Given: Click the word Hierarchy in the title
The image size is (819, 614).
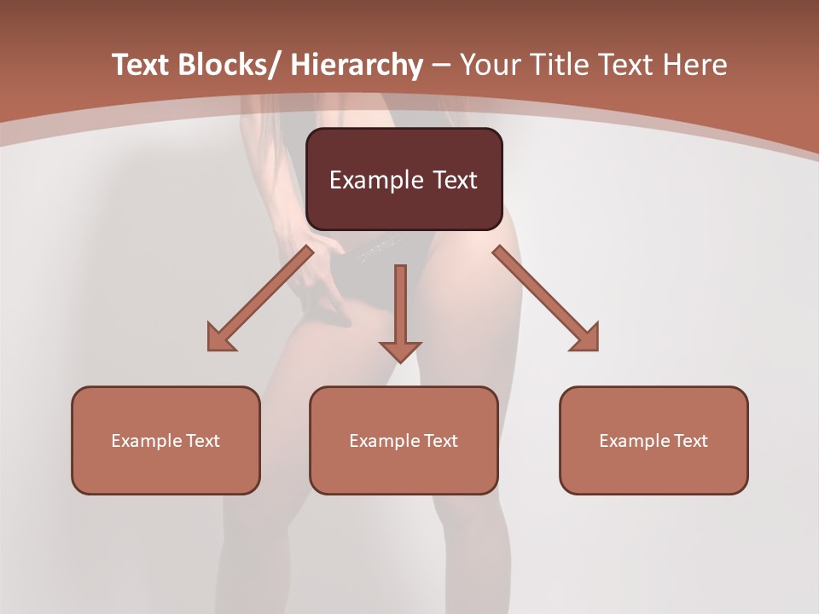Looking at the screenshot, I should pos(357,66).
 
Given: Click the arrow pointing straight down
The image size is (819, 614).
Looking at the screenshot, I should pos(400,307).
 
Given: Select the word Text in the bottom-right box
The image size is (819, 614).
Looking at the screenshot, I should pos(690,441).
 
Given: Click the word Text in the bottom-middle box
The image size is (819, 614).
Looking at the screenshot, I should pos(440,441).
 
